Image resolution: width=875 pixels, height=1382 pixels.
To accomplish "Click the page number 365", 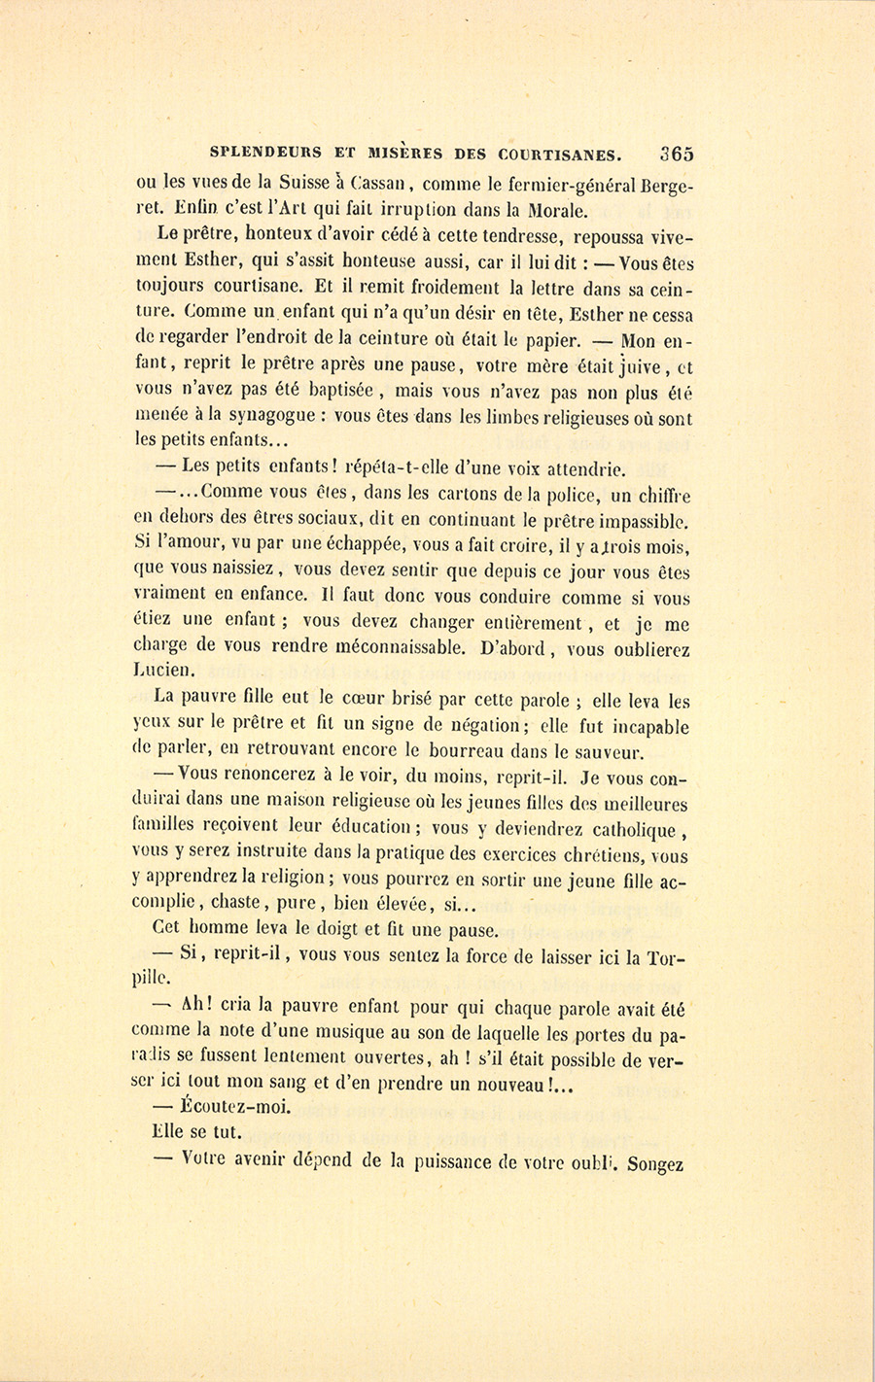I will pos(676,154).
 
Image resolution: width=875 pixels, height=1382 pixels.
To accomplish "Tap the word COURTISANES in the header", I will pos(558,154).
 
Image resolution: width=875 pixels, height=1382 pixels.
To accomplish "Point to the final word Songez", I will pos(658,1160).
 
